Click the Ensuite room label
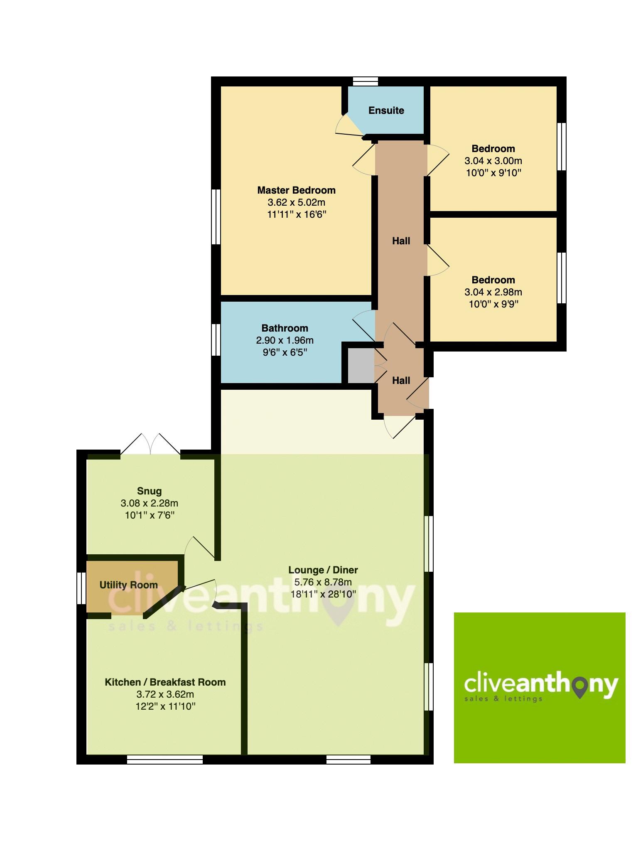(x=386, y=111)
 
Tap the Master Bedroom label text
(x=296, y=190)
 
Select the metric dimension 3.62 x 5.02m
(x=296, y=203)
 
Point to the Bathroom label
(x=285, y=328)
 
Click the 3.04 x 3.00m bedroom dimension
(x=493, y=161)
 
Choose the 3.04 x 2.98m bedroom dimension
(x=493, y=292)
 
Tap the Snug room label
(x=149, y=491)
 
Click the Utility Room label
(x=128, y=585)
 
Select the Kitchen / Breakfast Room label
(x=165, y=682)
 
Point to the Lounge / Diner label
(x=323, y=570)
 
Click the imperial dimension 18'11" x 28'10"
(x=323, y=594)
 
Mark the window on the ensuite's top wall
(x=365, y=81)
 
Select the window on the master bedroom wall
(x=216, y=216)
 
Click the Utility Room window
(x=81, y=588)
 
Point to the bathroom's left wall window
(x=216, y=340)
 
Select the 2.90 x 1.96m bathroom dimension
(x=285, y=341)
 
